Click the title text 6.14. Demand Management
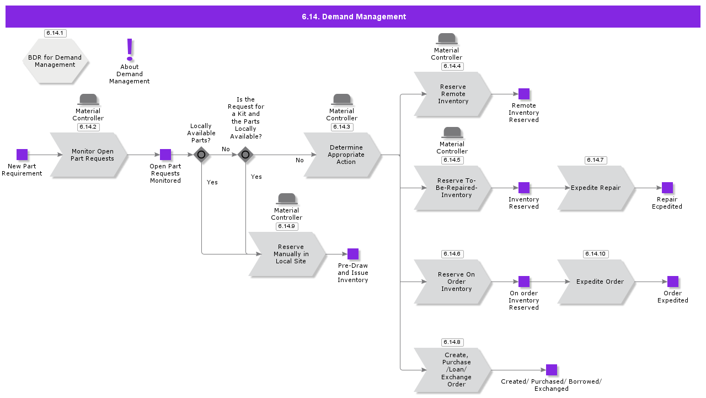(x=354, y=17)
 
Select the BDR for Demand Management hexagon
(x=55, y=61)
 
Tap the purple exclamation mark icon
(x=130, y=50)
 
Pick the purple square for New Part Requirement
(x=22, y=155)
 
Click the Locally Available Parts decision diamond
(x=201, y=155)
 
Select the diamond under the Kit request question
(x=245, y=155)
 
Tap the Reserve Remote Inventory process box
(x=453, y=94)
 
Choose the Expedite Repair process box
(x=596, y=188)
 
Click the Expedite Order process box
(x=596, y=282)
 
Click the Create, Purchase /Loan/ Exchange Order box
(x=453, y=370)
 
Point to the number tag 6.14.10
(x=596, y=254)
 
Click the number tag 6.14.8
(x=452, y=342)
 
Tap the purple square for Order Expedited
(x=673, y=282)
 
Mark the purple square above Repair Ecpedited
(x=667, y=188)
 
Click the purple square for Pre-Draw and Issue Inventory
(x=353, y=254)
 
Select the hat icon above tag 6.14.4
(x=447, y=39)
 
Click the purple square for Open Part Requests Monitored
(x=165, y=155)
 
